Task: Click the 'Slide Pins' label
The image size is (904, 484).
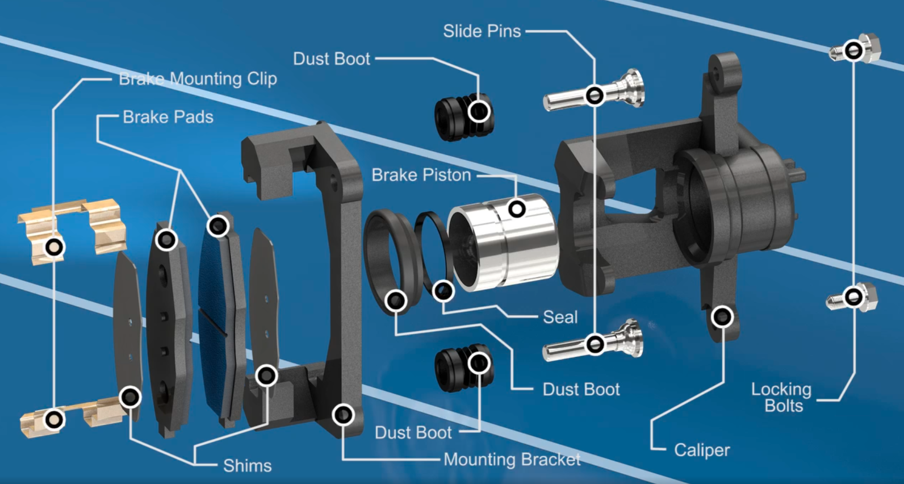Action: click(482, 31)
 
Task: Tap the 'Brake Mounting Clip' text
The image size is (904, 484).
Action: click(198, 78)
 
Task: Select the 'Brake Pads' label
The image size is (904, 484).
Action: click(168, 117)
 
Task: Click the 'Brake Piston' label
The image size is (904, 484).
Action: click(421, 175)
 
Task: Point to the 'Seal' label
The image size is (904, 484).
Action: click(560, 317)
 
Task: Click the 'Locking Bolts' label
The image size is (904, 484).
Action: click(782, 397)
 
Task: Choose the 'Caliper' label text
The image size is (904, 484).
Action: click(702, 450)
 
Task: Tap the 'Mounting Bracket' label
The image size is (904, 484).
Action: click(512, 459)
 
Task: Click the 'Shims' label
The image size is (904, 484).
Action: click(247, 466)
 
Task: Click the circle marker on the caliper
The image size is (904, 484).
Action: click(722, 316)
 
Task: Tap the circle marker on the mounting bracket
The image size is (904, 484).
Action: click(343, 415)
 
